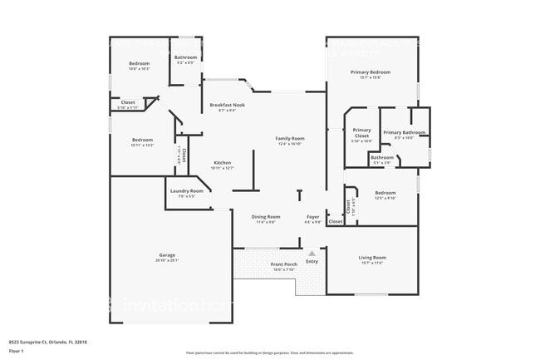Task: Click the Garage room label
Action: point(167,254)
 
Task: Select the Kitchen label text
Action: point(222,162)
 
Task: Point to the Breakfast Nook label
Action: point(226,105)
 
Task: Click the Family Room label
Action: point(290,138)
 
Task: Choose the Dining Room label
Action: point(266,217)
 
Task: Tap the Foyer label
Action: point(312,217)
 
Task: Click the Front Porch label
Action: point(284,264)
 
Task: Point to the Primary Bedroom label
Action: point(371,72)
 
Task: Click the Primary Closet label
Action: point(361,133)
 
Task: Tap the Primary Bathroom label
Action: point(404,132)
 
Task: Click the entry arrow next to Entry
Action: point(312,254)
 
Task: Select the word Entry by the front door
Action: point(312,262)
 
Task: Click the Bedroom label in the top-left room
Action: point(139,64)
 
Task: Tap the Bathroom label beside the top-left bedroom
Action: point(185,57)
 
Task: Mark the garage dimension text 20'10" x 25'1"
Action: point(167,260)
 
